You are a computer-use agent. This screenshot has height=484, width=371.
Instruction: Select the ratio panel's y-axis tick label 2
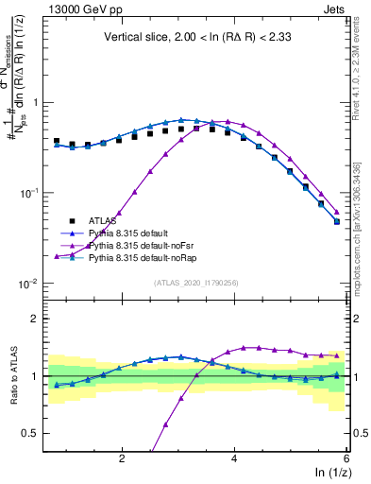pyautogui.click(x=39, y=319)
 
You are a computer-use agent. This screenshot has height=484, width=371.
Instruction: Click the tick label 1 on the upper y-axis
pyautogui.click(x=39, y=102)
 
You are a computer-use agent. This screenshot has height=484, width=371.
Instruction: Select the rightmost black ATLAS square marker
pyautogui.click(x=337, y=221)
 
